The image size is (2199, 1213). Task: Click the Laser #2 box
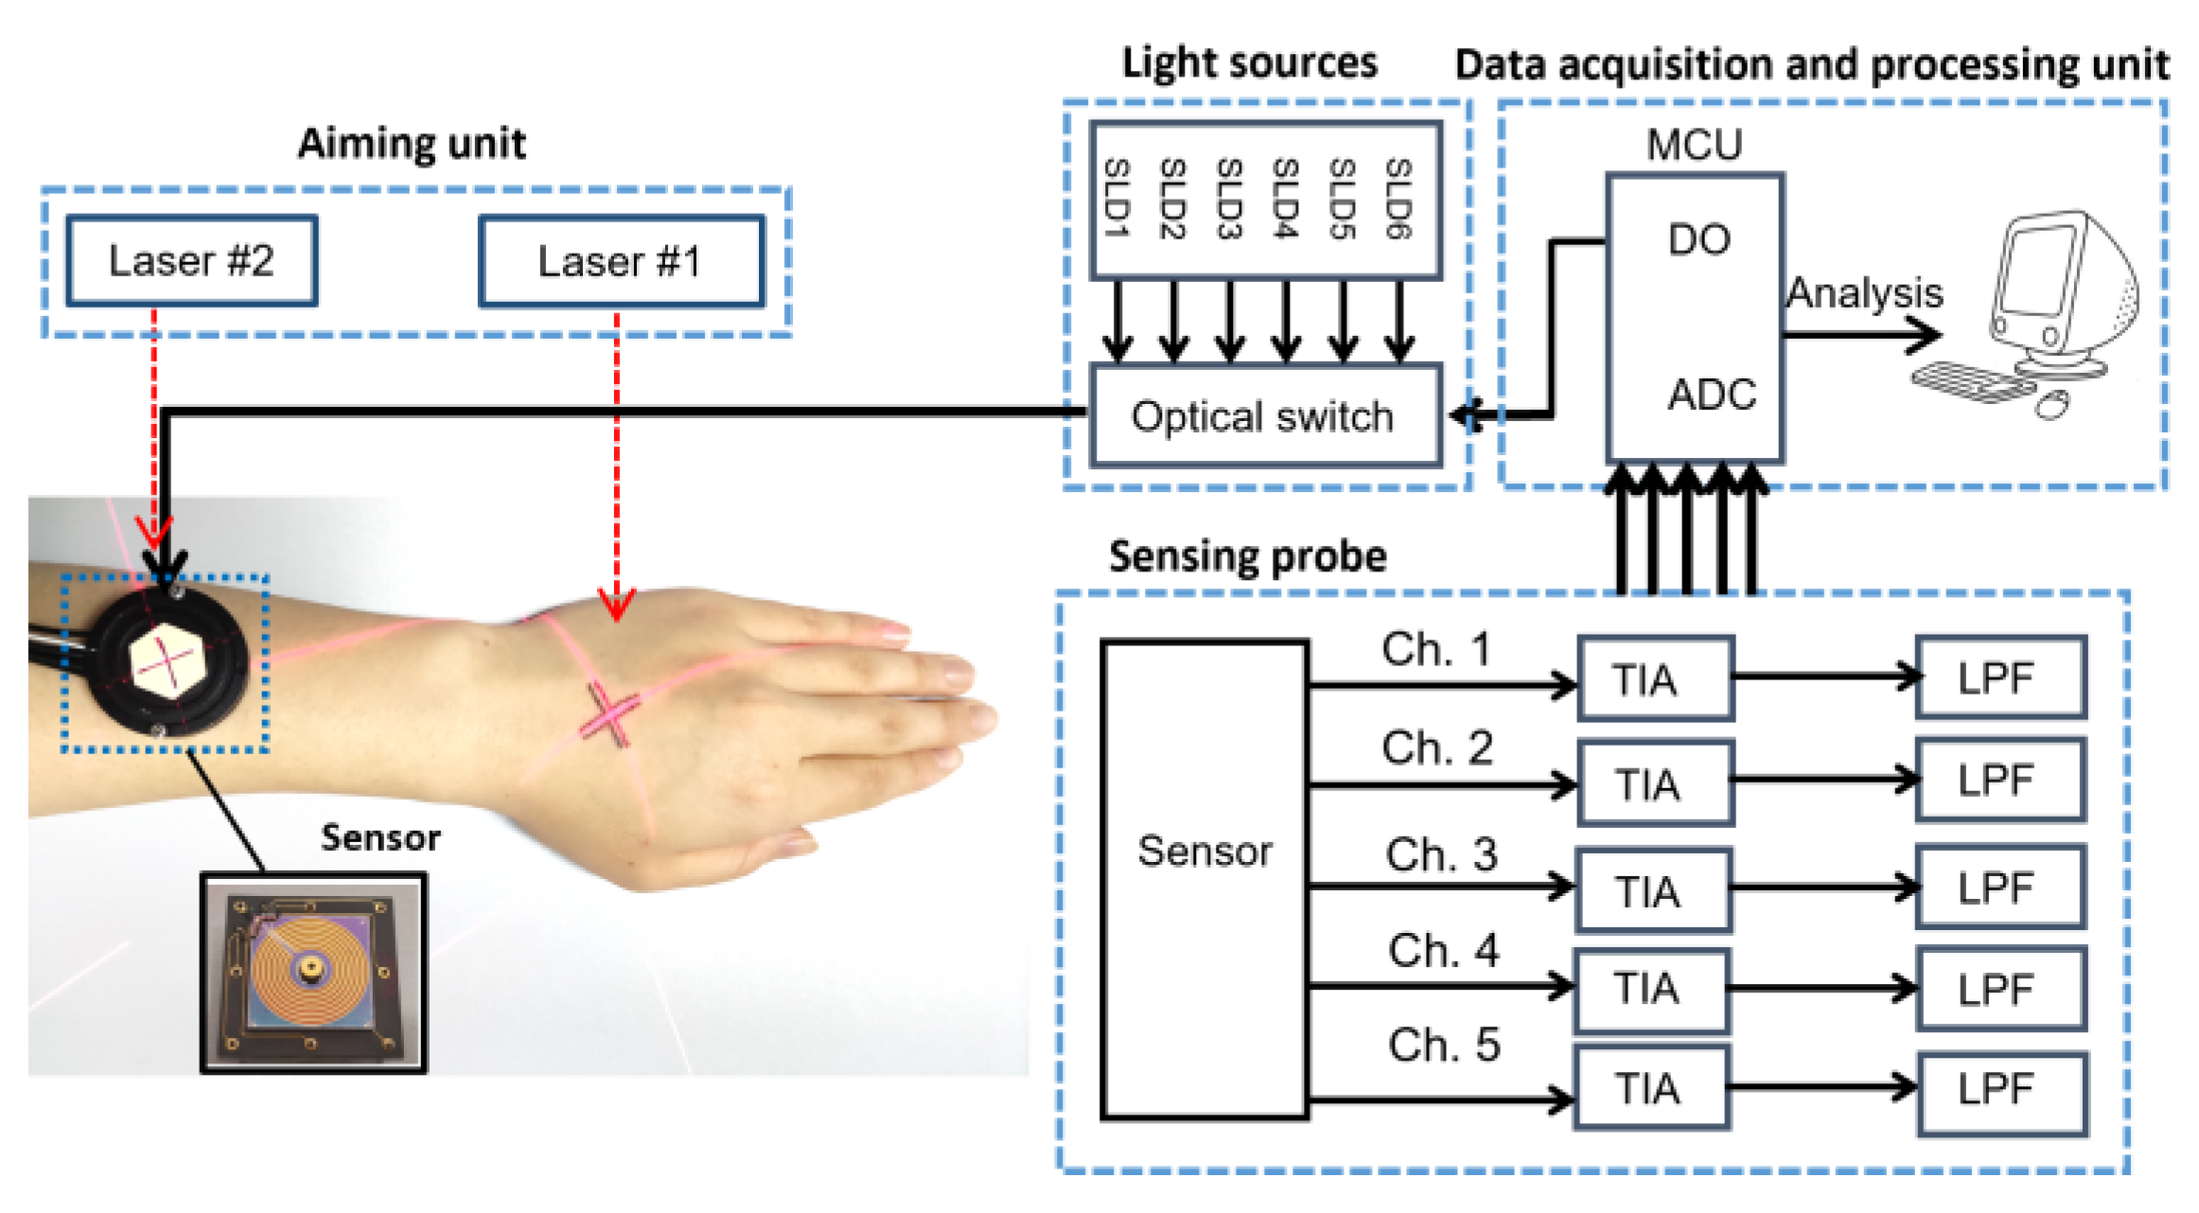tap(192, 261)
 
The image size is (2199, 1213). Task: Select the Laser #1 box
tap(621, 262)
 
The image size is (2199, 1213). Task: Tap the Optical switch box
tap(1265, 416)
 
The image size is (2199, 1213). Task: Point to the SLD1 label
tap(1117, 199)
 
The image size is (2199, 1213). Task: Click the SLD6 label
tap(1399, 199)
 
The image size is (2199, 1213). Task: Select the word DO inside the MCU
tap(1698, 239)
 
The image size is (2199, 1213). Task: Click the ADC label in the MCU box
tap(1711, 395)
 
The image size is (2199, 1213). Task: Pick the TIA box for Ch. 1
tap(1655, 678)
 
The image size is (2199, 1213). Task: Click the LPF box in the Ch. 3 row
tap(2000, 888)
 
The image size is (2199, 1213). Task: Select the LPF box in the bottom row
tap(2002, 1091)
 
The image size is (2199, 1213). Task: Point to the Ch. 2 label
tap(1436, 748)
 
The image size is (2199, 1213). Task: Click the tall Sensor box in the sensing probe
tap(1205, 880)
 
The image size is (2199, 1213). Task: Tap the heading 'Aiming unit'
tap(412, 144)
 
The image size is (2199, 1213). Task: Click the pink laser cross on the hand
tap(610, 714)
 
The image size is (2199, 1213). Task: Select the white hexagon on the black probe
tap(167, 661)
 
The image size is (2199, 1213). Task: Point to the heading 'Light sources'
tap(1249, 63)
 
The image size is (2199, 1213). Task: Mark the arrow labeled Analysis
tap(1862, 334)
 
